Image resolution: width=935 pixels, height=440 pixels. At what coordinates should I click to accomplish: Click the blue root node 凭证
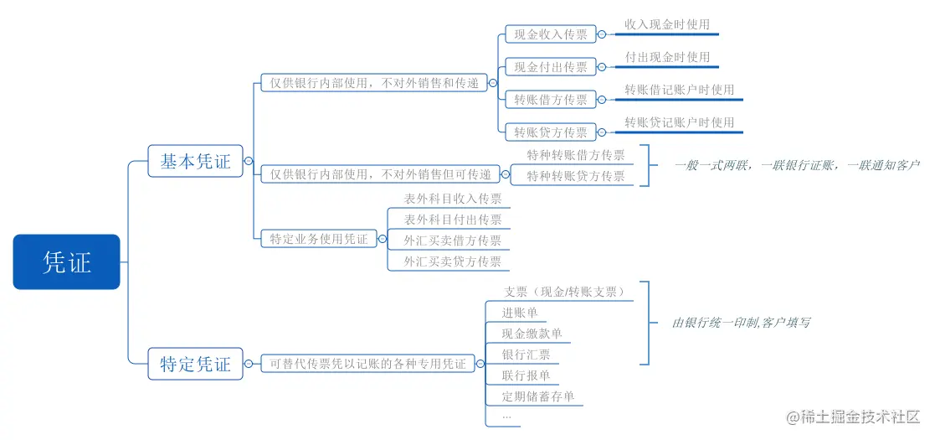(67, 262)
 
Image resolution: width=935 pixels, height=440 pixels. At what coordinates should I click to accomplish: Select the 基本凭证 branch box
(195, 161)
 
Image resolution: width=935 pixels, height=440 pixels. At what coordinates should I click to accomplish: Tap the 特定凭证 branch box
(195, 365)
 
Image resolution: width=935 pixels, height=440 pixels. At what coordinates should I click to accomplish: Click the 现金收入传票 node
(551, 34)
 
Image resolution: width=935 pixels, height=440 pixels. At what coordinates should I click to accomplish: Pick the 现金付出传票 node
(551, 67)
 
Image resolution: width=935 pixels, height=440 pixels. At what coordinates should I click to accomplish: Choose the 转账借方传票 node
(551, 100)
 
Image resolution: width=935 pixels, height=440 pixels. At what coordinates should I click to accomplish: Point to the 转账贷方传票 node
(551, 132)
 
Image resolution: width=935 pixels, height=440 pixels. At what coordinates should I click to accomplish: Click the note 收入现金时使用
(667, 25)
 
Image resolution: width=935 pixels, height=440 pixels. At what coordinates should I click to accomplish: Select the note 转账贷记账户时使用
(679, 122)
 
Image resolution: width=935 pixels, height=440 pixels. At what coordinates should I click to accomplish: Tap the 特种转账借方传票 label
(576, 155)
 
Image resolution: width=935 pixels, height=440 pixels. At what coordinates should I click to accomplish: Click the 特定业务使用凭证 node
(318, 239)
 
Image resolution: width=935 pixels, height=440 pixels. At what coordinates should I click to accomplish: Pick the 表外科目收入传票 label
(453, 199)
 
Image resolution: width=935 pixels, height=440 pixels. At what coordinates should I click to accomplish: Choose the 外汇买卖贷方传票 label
(453, 261)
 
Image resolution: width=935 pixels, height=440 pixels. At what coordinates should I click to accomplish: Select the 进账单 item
(520, 313)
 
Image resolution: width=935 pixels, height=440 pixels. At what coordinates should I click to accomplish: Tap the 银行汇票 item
(526, 355)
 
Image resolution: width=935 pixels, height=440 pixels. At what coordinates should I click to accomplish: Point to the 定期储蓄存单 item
(538, 396)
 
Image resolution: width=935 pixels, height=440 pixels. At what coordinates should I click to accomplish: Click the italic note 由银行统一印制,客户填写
(741, 323)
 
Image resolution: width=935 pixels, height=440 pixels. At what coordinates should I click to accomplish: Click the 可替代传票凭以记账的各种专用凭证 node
(367, 365)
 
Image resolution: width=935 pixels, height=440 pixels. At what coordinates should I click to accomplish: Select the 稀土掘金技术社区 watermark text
(859, 417)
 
